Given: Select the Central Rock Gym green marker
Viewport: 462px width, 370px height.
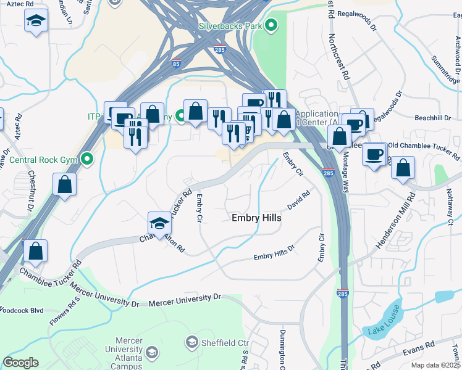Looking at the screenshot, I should pyautogui.click(x=87, y=160).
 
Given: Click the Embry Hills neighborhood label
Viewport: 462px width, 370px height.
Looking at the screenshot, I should pyautogui.click(x=256, y=218).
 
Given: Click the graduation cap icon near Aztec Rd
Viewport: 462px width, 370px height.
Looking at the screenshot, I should pyautogui.click(x=36, y=21).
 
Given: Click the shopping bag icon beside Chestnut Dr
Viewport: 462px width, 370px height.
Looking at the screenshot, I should pyautogui.click(x=65, y=184).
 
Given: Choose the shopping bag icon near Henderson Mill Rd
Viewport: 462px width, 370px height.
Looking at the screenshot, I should pyautogui.click(x=403, y=167).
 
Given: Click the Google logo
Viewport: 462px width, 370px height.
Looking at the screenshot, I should pyautogui.click(x=20, y=363).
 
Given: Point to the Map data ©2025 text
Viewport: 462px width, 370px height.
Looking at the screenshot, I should pyautogui.click(x=435, y=365).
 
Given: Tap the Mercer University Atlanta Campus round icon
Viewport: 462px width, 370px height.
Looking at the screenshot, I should pyautogui.click(x=152, y=352).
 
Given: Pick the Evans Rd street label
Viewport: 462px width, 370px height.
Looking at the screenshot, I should pyautogui.click(x=413, y=350).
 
